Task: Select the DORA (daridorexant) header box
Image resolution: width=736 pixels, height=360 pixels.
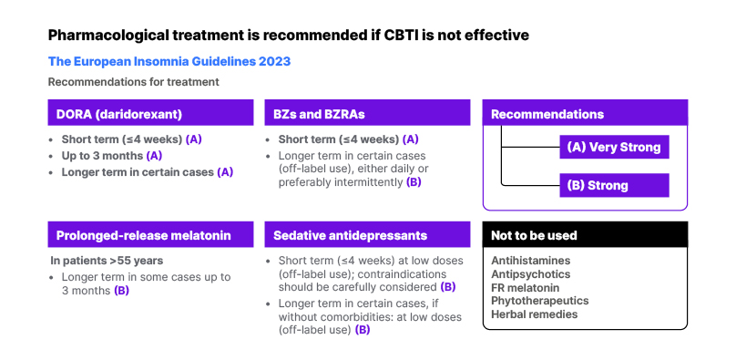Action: coord(150,113)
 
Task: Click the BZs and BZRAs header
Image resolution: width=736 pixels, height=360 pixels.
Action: coord(367,113)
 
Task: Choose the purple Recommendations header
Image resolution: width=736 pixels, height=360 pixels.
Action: coord(585,113)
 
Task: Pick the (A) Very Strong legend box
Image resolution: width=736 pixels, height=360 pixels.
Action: coord(614,148)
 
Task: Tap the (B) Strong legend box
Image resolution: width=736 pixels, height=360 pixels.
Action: coord(614,185)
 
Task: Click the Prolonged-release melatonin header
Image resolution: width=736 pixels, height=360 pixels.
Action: coord(150,234)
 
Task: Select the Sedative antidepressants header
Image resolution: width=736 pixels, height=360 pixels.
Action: coord(367,234)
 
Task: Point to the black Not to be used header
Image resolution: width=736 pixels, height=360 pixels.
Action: coord(585,234)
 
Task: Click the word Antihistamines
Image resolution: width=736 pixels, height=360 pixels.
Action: coord(531,261)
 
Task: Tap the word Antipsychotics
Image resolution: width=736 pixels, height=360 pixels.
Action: coord(531,274)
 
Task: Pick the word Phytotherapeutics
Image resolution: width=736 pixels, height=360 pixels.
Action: coord(540,301)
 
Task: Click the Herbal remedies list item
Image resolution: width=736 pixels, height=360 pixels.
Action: coord(534,314)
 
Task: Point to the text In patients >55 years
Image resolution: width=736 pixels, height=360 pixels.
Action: coord(107,261)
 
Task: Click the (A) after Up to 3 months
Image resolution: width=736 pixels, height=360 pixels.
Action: coord(155,156)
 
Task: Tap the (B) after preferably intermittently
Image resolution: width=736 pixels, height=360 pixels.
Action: coord(414,182)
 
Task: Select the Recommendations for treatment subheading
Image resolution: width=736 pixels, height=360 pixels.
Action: coord(134,82)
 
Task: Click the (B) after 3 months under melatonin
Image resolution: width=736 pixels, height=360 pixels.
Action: coord(121,291)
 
